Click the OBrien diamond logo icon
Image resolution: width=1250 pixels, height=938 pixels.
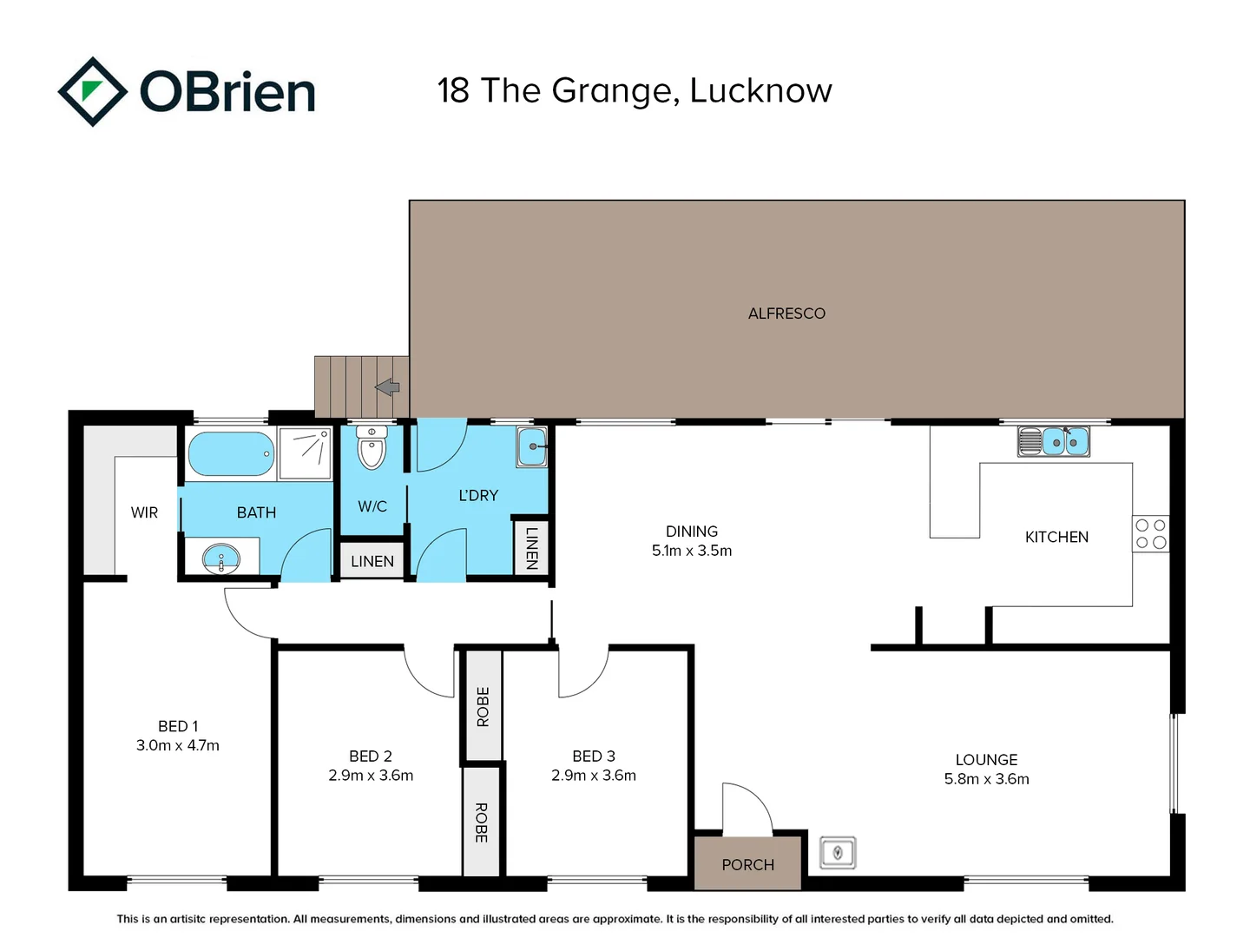click(92, 91)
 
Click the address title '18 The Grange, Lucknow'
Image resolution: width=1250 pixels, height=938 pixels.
click(635, 91)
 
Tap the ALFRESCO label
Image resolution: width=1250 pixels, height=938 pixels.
click(786, 314)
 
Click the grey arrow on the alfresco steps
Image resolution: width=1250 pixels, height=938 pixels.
click(387, 387)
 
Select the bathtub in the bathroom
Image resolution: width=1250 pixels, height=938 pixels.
click(231, 454)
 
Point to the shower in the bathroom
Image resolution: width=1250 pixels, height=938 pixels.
click(306, 452)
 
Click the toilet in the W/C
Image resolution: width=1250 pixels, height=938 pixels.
click(372, 447)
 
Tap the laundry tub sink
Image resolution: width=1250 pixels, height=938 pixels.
click(532, 447)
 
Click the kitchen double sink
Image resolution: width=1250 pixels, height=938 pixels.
click(1054, 441)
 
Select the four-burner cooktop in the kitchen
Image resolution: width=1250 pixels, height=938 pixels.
click(1151, 533)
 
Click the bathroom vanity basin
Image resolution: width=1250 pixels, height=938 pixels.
click(221, 558)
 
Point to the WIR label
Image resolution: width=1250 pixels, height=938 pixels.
click(144, 512)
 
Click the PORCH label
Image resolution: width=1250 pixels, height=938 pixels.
click(747, 864)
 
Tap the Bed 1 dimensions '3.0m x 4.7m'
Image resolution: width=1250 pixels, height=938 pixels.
click(178, 745)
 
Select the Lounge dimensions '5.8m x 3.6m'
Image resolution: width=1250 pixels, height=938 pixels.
click(986, 778)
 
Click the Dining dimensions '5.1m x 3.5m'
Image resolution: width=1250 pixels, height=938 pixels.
click(692, 550)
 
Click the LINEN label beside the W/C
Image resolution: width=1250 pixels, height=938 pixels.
click(372, 562)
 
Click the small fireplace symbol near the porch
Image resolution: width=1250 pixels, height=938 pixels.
click(838, 853)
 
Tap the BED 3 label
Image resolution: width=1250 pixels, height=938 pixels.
click(594, 756)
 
